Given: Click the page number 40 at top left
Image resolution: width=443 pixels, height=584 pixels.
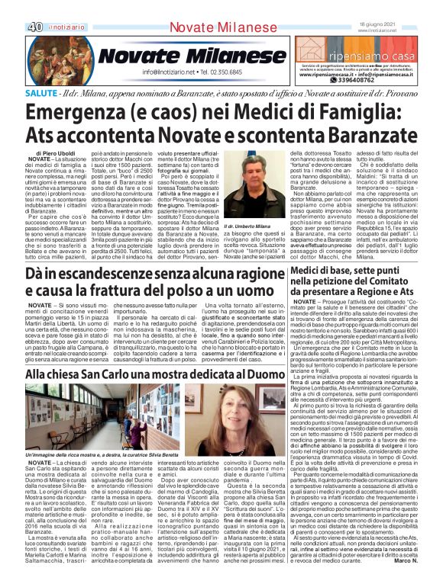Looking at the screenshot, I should tap(13, 7).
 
